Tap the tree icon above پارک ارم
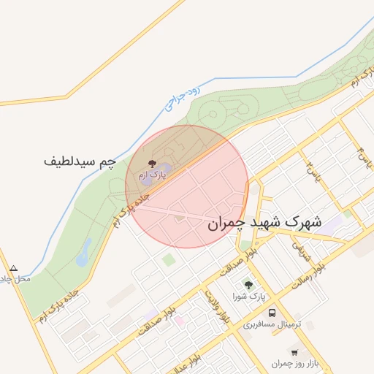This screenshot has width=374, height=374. tap(152, 164)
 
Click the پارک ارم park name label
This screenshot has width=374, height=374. tap(153, 175)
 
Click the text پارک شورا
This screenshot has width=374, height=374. tap(249, 296)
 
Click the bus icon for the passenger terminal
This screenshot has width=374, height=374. tap(272, 312)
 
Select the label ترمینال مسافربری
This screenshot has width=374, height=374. tap(272, 323)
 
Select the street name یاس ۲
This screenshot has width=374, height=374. tap(313, 172)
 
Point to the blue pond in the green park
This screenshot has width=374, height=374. tap(84, 252)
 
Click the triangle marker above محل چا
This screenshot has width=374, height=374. tap(13, 268)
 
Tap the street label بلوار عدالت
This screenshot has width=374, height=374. tap(196, 358)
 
